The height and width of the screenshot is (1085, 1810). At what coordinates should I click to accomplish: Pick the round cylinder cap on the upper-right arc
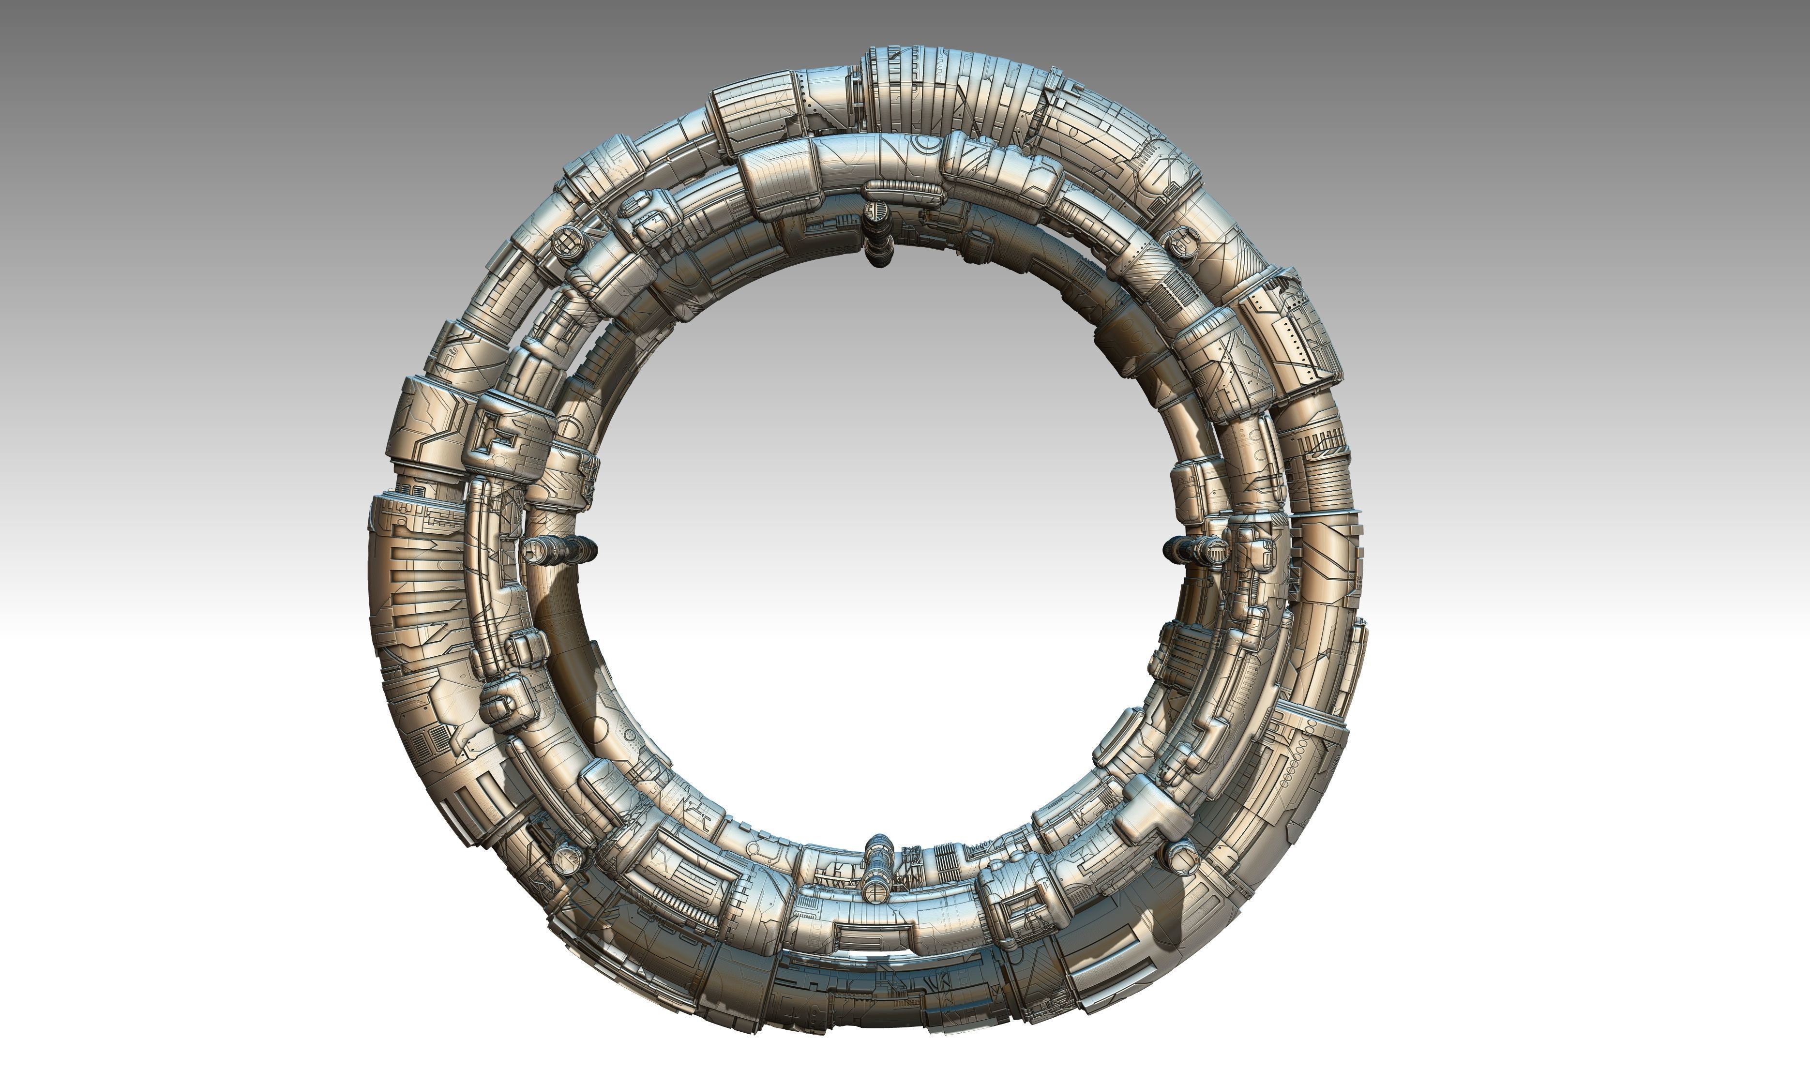pos(1179,242)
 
